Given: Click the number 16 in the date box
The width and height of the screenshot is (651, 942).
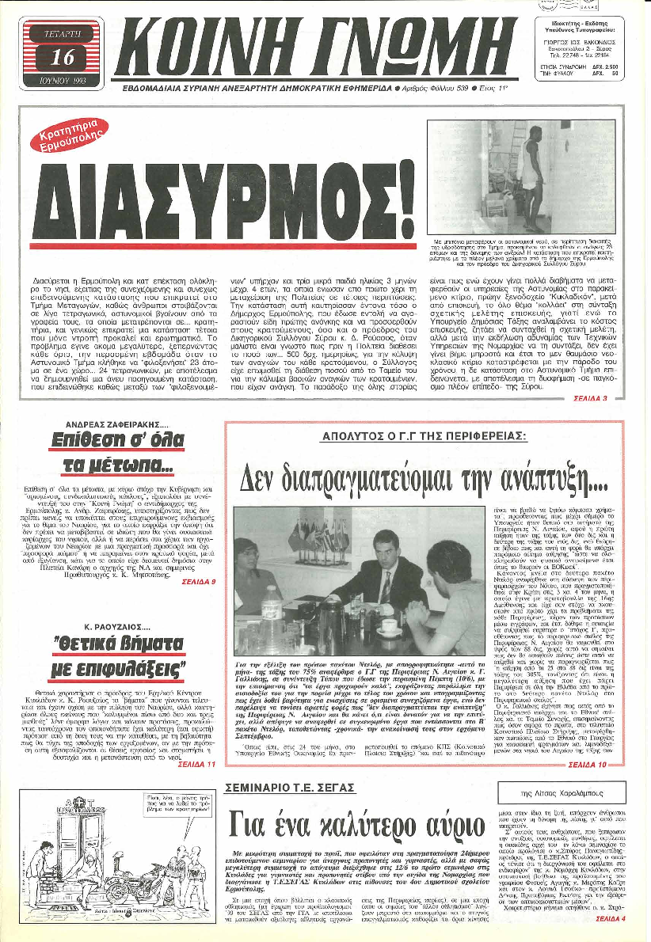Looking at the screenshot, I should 60,55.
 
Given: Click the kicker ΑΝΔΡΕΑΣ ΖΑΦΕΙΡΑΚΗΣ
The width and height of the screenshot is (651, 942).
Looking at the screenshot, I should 111,423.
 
